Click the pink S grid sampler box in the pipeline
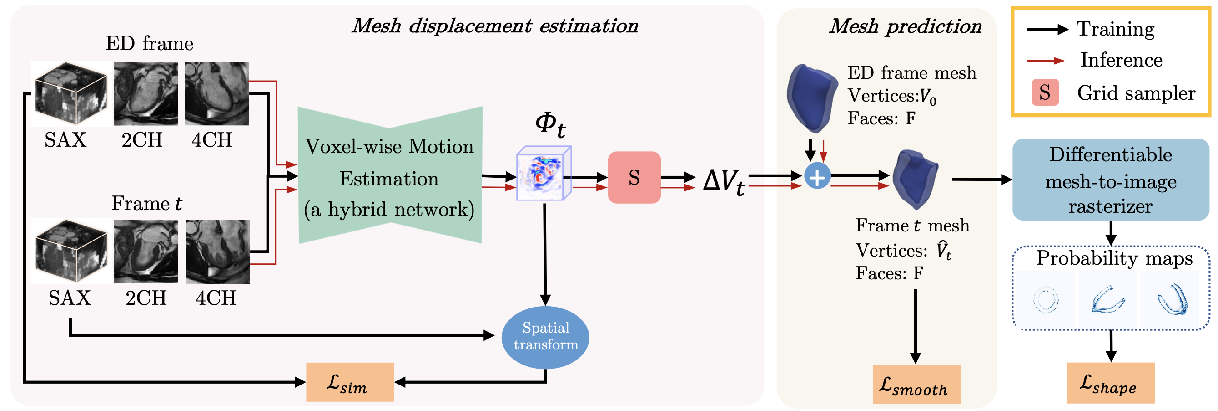point(634,178)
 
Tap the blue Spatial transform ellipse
point(545,337)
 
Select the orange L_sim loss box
point(349,382)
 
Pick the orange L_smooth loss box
point(916,384)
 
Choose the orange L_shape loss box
point(1111,383)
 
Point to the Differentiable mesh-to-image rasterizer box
point(1110,180)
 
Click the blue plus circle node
point(817,176)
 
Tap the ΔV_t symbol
point(724,181)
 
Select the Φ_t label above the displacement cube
point(550,124)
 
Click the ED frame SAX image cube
point(71,94)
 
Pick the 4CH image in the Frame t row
point(217,252)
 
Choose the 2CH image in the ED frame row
point(146,93)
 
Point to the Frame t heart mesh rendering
point(915,179)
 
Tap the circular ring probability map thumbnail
point(1046,300)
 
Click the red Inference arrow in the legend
point(1046,61)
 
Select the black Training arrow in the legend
point(1047,29)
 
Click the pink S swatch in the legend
point(1045,92)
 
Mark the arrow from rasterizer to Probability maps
point(1111,233)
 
